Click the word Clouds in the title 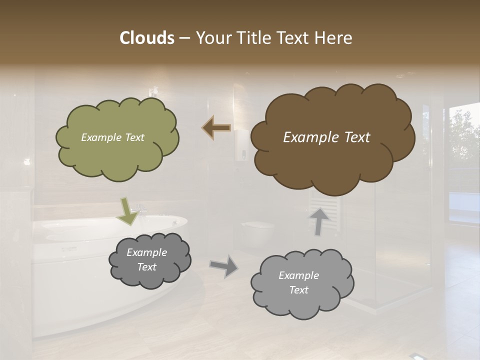tap(146, 37)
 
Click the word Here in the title tap(334, 37)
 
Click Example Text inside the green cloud tap(112, 137)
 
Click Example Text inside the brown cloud tap(326, 137)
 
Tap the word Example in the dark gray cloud tap(146, 252)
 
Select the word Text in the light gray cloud tap(298, 290)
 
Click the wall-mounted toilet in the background tap(257, 230)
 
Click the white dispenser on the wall tap(242, 145)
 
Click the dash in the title tap(184, 38)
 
